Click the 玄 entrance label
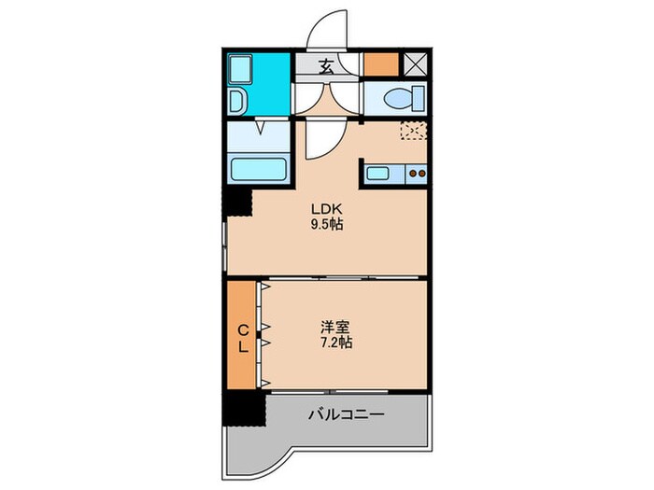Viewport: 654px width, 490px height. click(x=327, y=66)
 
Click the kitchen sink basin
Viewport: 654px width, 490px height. click(x=383, y=173)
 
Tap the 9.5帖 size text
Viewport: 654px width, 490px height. click(x=327, y=225)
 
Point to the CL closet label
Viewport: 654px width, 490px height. click(x=242, y=337)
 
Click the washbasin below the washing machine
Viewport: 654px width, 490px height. click(x=237, y=101)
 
